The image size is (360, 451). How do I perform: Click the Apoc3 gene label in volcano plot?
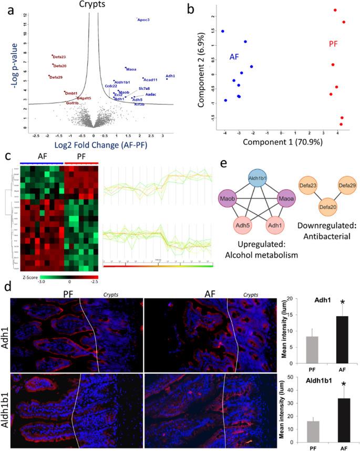143,20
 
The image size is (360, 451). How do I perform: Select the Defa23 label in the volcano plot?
59,57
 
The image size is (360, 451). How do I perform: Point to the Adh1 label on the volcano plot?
170,76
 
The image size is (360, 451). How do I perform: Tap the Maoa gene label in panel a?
131,69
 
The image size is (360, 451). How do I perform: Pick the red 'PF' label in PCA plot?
333,45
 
